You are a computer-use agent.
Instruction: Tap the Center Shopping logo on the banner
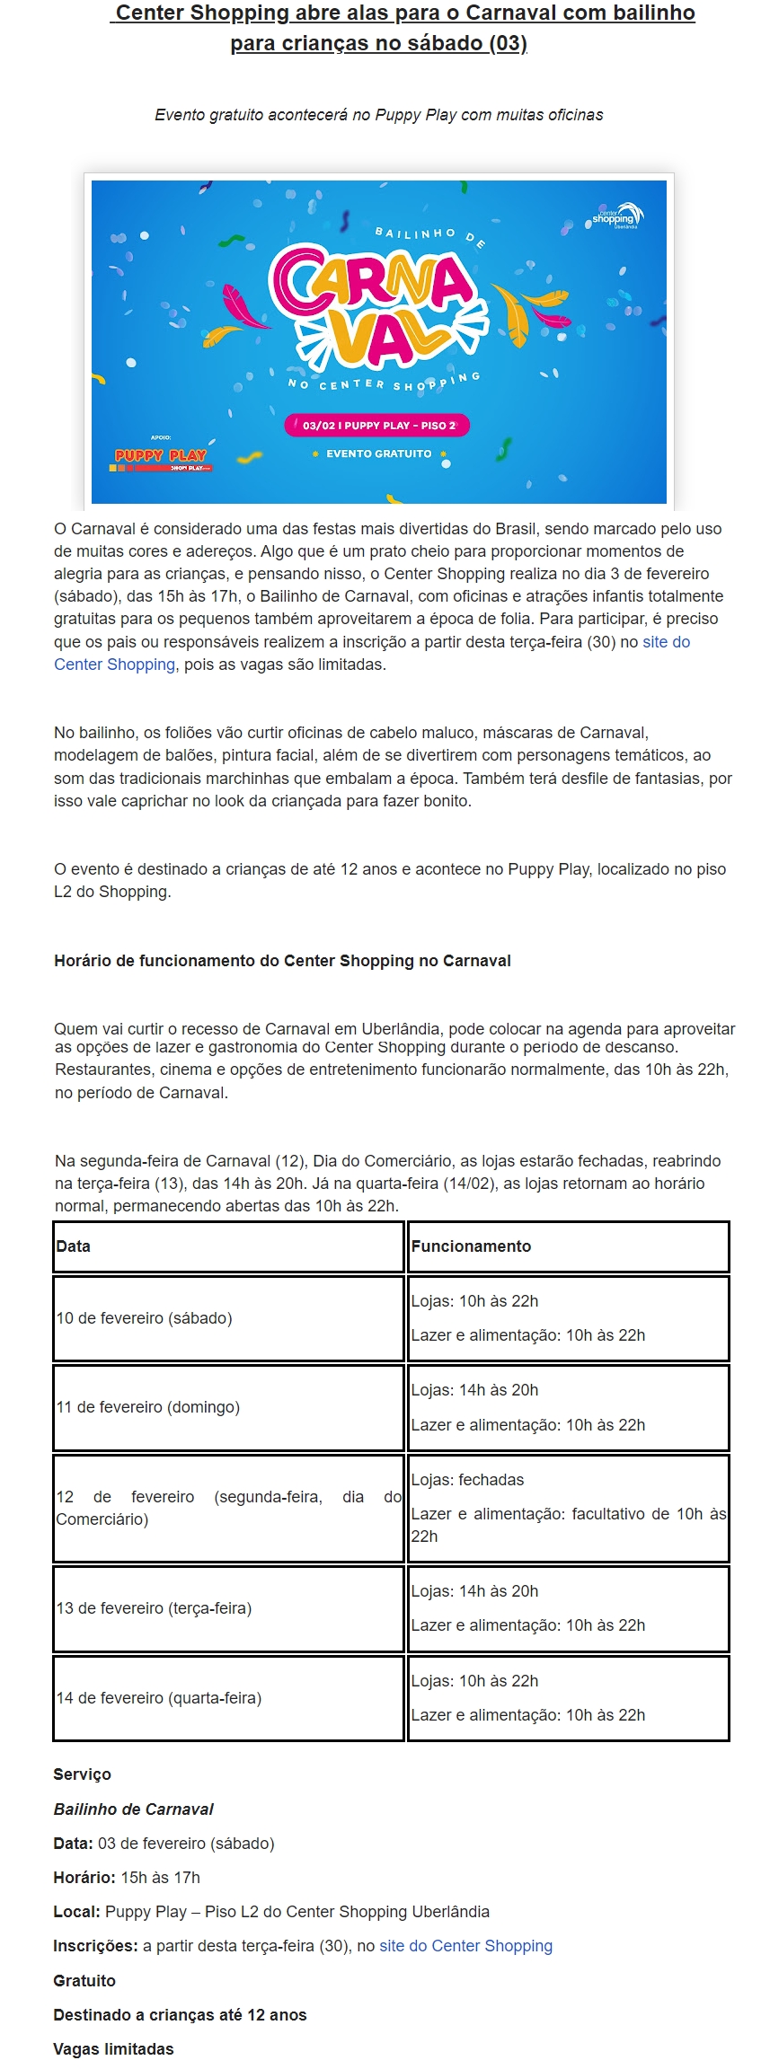pyautogui.click(x=615, y=216)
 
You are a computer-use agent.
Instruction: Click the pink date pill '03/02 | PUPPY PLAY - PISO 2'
pyautogui.click(x=378, y=426)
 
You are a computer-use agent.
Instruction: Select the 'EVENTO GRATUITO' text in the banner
pyautogui.click(x=378, y=454)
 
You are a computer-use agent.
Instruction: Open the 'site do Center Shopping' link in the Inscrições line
pyautogui.click(x=465, y=1946)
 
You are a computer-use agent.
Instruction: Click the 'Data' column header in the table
pyautogui.click(x=74, y=1246)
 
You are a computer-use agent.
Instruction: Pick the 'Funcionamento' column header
pyautogui.click(x=471, y=1246)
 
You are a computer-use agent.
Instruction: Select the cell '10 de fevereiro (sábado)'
pyautogui.click(x=145, y=1318)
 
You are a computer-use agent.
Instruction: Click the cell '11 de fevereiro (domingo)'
pyautogui.click(x=148, y=1407)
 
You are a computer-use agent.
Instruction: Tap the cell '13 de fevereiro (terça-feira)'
pyautogui.click(x=154, y=1608)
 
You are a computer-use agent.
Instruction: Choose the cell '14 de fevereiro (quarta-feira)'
pyautogui.click(x=159, y=1698)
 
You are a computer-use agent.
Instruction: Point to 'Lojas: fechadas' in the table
pyautogui.click(x=467, y=1480)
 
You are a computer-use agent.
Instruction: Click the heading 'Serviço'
pyautogui.click(x=82, y=1774)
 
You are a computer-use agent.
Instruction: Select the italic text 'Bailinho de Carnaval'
pyautogui.click(x=133, y=1809)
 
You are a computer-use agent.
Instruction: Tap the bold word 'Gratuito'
pyautogui.click(x=84, y=1981)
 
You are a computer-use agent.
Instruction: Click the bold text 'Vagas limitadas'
pyautogui.click(x=113, y=2049)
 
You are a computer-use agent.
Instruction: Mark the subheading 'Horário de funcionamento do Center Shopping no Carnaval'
pyautogui.click(x=282, y=961)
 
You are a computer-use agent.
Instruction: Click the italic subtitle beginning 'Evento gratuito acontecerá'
pyautogui.click(x=378, y=115)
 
